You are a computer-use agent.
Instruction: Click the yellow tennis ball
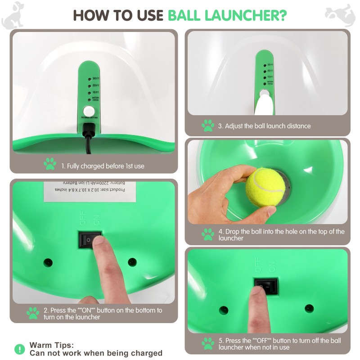pos(265,186)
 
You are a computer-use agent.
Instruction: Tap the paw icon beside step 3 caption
pos(207,126)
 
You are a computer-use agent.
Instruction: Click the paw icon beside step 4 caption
pos(207,234)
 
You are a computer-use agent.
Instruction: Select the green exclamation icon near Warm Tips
pos(20,349)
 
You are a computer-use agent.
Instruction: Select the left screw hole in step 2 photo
pos(47,262)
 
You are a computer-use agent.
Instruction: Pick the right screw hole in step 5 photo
pos(309,309)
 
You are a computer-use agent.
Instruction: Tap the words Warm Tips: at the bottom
pos(51,345)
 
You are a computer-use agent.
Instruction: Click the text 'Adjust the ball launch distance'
pos(264,126)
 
